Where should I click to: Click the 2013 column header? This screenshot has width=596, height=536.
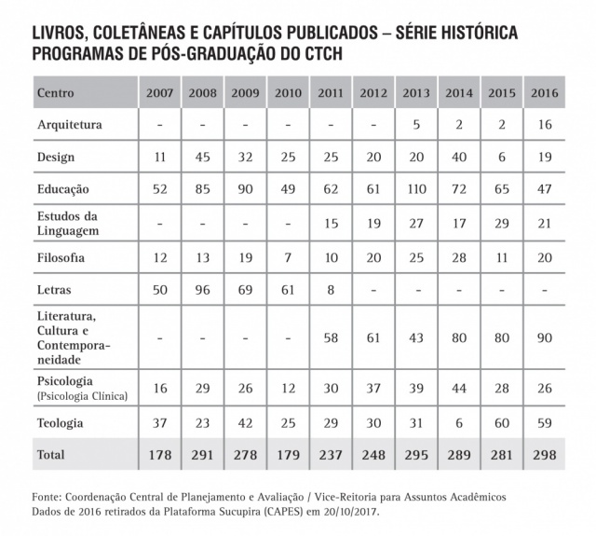[x=416, y=94]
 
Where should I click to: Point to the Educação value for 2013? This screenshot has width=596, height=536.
[x=416, y=189]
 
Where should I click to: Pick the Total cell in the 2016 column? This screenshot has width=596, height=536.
[x=544, y=456]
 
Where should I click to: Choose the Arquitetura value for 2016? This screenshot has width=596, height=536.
[x=544, y=124]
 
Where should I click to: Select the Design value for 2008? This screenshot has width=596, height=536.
[x=203, y=158]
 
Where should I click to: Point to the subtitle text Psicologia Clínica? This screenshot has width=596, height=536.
[x=82, y=395]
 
